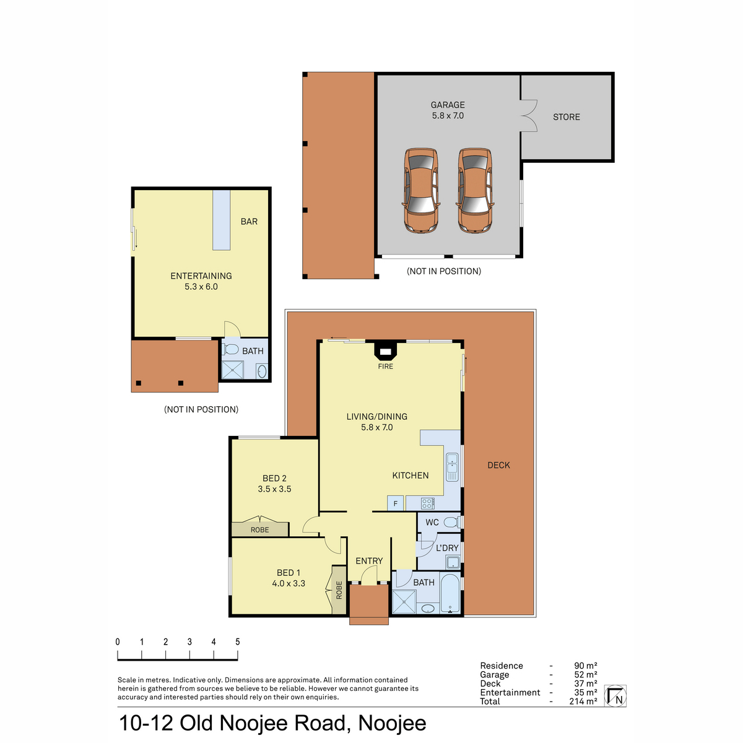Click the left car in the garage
click(421, 191)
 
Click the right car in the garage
click(475, 191)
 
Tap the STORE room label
click(566, 117)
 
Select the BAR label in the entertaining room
click(249, 222)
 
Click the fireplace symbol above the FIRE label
click(385, 350)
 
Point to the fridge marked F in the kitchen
click(395, 503)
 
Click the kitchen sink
click(452, 467)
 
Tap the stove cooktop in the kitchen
click(428, 503)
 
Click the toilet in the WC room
click(451, 523)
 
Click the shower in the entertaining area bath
click(233, 370)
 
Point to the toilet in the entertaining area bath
click(230, 349)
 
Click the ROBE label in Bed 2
click(260, 530)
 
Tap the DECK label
click(498, 466)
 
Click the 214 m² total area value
click(583, 712)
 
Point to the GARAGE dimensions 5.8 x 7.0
click(448, 116)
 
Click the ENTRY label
click(369, 561)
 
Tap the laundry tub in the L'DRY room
click(453, 562)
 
